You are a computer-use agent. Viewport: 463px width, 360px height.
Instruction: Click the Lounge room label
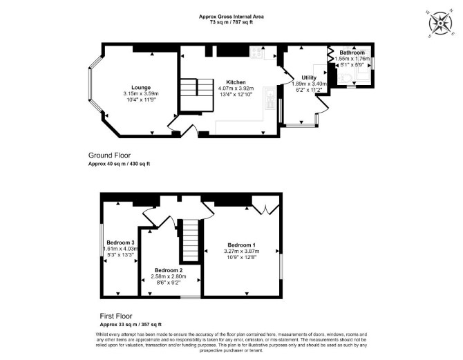click(x=141, y=88)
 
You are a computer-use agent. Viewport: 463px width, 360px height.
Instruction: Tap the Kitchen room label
click(x=236, y=82)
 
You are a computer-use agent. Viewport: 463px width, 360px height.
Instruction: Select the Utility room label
click(x=309, y=77)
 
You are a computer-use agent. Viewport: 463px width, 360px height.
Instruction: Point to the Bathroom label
click(x=352, y=53)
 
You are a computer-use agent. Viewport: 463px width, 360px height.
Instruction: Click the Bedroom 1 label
click(x=241, y=245)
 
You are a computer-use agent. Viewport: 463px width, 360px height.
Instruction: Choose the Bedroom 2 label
click(x=169, y=270)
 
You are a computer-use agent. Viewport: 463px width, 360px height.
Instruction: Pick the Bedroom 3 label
click(x=120, y=243)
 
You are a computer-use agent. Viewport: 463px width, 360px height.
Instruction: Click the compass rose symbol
click(x=440, y=23)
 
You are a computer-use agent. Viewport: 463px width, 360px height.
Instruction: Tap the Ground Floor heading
click(x=109, y=155)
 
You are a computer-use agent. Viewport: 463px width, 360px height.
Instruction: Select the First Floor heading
click(x=116, y=316)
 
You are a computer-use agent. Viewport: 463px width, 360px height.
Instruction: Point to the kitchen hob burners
click(x=257, y=53)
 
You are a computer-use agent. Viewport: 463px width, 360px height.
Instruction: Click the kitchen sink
click(x=270, y=97)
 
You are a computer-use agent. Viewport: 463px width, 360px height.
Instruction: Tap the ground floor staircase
click(x=197, y=95)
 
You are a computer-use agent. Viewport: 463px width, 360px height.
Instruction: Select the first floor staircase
click(x=191, y=240)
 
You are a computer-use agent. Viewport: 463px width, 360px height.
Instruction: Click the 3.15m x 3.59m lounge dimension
click(x=141, y=93)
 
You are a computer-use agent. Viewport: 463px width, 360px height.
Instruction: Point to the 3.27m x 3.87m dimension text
click(x=242, y=252)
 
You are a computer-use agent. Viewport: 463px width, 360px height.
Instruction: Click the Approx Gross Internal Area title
click(x=231, y=17)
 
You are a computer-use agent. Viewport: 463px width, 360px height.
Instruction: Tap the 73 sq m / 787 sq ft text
click(x=231, y=22)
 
